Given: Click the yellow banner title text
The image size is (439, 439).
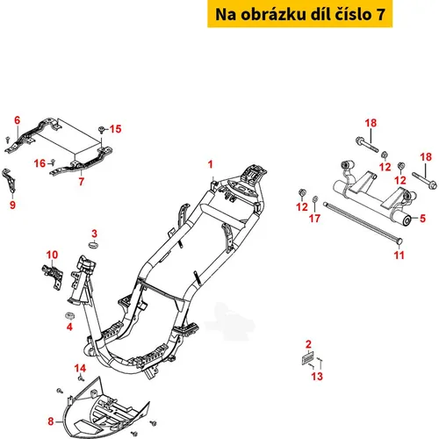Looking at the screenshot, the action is (300, 14).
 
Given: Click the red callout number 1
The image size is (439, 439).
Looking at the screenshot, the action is (210, 164).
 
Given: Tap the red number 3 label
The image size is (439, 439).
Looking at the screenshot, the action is (94, 234).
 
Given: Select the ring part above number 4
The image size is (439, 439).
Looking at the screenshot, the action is (69, 316).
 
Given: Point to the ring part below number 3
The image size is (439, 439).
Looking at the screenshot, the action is (94, 245).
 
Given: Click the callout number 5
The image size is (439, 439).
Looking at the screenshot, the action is (422, 219).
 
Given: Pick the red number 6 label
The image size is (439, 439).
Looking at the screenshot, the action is (18, 120).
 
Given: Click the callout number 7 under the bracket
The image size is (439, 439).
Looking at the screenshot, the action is (82, 182).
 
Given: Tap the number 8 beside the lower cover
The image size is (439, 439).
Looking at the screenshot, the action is (51, 421).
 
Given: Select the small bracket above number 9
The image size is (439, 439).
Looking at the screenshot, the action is (9, 181).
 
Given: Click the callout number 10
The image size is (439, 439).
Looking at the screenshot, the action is (52, 255).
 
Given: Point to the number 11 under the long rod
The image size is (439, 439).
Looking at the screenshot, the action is (399, 255).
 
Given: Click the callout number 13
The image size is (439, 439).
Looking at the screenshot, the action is (317, 377).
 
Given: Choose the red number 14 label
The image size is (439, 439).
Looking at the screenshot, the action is (80, 368).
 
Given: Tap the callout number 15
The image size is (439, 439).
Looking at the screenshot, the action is (115, 129).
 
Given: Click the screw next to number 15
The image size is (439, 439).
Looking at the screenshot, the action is (102, 129).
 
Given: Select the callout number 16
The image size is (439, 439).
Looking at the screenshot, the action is (40, 163).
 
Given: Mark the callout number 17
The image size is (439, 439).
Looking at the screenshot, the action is (314, 219).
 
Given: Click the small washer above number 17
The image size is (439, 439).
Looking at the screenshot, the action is (315, 199).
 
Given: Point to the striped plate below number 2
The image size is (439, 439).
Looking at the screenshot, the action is (307, 357).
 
